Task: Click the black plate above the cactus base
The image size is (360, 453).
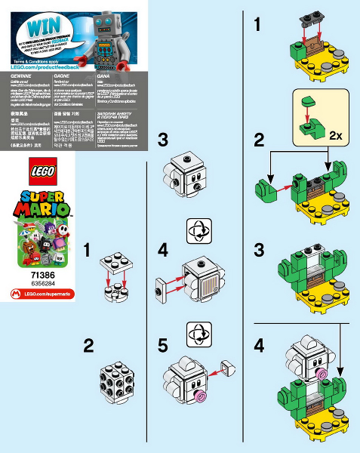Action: pos(309,17)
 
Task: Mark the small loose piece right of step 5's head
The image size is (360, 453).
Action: pos(226,368)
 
